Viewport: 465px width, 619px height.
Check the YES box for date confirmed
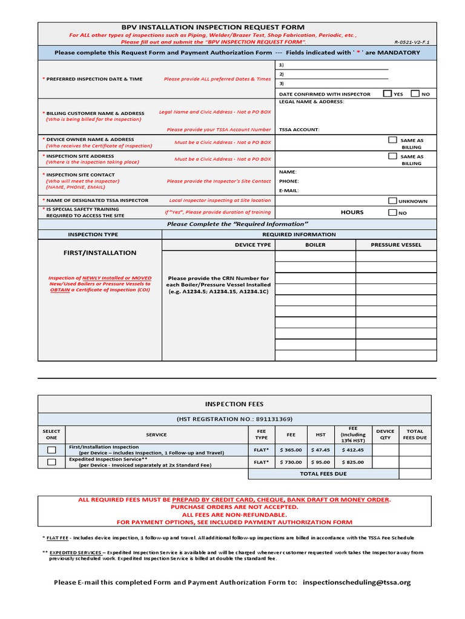(387, 94)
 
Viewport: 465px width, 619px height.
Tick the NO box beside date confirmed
(415, 94)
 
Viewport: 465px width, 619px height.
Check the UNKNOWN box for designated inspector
(393, 201)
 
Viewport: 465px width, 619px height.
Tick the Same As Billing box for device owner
(393, 140)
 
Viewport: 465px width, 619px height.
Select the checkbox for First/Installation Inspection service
(51, 450)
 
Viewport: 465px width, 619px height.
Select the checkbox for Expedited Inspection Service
(51, 462)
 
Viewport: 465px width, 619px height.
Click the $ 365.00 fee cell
(291, 450)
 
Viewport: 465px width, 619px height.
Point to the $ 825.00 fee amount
(353, 462)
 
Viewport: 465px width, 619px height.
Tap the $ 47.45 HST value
(321, 450)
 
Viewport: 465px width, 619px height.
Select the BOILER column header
(315, 245)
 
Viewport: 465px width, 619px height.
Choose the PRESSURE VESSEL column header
(396, 245)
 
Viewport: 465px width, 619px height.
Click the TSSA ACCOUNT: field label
(299, 129)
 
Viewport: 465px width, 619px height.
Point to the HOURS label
(352, 212)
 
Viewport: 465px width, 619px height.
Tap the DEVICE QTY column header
(385, 435)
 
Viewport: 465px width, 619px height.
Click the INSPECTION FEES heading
(234, 404)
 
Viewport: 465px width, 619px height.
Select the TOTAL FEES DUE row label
(323, 474)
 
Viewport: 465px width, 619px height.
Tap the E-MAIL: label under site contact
(289, 190)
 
